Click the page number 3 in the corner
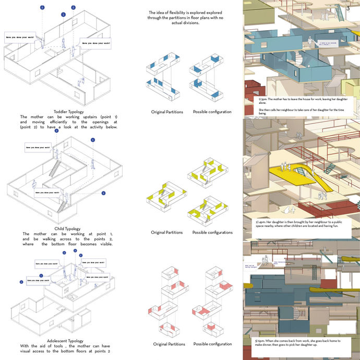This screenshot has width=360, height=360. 349,7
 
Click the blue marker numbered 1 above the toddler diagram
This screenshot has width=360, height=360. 63,15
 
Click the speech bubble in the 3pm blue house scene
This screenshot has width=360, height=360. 319,44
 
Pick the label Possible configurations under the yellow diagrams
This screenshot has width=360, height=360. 212,232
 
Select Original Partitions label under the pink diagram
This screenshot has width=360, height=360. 169,344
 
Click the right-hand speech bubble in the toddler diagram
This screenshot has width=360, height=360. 95,42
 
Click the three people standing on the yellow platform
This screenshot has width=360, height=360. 284,166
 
